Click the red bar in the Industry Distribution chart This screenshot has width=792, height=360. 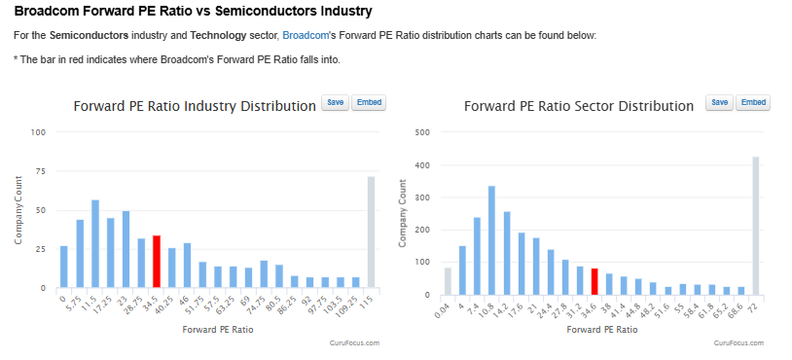coord(157,262)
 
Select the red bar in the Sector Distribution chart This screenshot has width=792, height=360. coord(594,282)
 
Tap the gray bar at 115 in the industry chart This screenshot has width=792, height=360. coord(372,233)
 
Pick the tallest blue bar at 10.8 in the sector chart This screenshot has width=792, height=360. coord(491,240)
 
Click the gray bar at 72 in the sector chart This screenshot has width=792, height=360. coord(756,226)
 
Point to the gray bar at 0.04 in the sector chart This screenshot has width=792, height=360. coord(448,281)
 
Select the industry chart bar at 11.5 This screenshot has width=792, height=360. coord(95,244)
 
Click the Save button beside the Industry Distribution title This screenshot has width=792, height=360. coord(336,102)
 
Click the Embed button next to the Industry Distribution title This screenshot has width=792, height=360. coord(369,102)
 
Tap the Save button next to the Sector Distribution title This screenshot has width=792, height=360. coord(720,102)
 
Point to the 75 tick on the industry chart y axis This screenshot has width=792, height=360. coord(40,171)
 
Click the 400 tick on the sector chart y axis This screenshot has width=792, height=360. coord(421,165)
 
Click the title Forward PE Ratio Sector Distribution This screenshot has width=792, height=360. coord(579,106)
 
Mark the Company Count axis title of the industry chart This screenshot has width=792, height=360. coord(18,210)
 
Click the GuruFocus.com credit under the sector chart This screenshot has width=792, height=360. coord(738,342)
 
